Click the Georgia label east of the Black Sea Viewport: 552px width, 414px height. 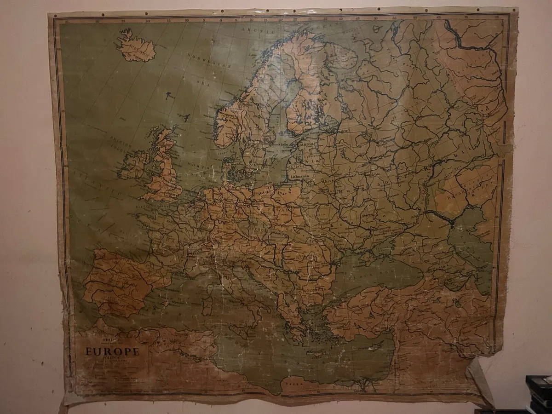(437, 267)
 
